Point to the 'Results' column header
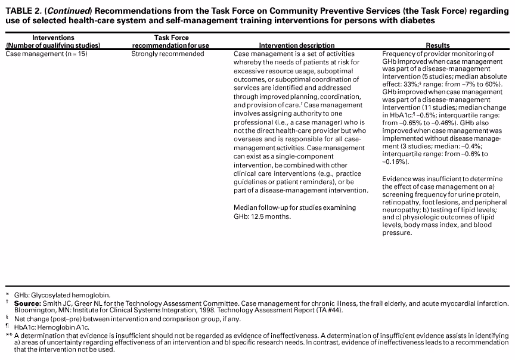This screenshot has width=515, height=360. coord(438,45)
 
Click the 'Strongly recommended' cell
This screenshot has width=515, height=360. coord(167,54)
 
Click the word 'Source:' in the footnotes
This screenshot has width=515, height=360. coord(28,303)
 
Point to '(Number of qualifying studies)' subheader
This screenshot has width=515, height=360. coord(53,45)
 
